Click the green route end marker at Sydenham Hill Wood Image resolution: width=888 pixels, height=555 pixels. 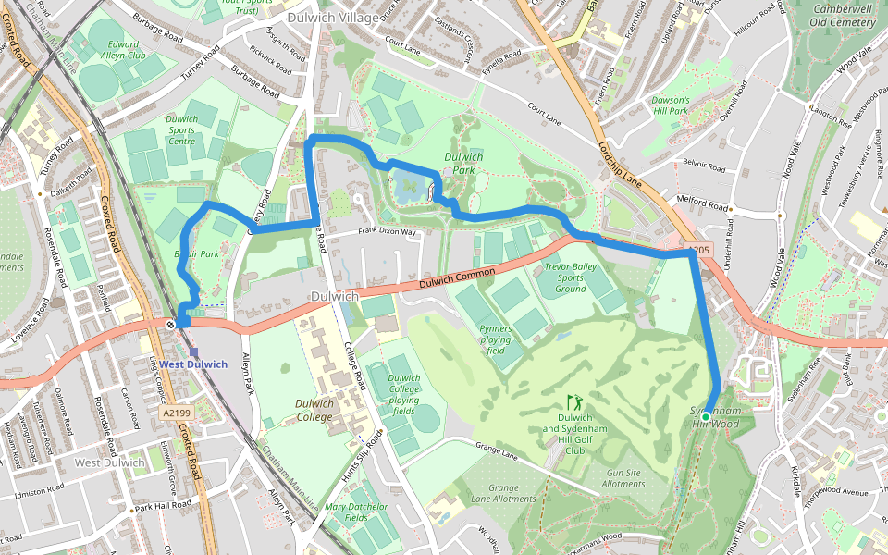[x=706, y=418]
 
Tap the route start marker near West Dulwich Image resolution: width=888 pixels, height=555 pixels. [x=171, y=324]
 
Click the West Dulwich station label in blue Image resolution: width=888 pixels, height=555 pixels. [x=192, y=364]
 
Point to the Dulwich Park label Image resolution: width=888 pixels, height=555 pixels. [x=463, y=164]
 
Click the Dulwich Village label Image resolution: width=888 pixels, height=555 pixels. [x=332, y=17]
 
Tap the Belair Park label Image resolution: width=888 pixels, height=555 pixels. [x=196, y=253]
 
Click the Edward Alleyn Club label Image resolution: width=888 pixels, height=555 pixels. [x=124, y=49]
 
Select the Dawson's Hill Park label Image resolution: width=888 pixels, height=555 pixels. [x=670, y=105]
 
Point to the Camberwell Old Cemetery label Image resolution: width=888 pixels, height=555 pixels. [x=844, y=15]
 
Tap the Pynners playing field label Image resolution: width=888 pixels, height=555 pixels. [x=496, y=339]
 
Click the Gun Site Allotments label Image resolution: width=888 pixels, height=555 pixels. [x=623, y=478]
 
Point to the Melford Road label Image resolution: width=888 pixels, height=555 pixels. [x=703, y=209]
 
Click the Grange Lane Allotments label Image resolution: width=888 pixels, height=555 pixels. [x=503, y=493]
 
